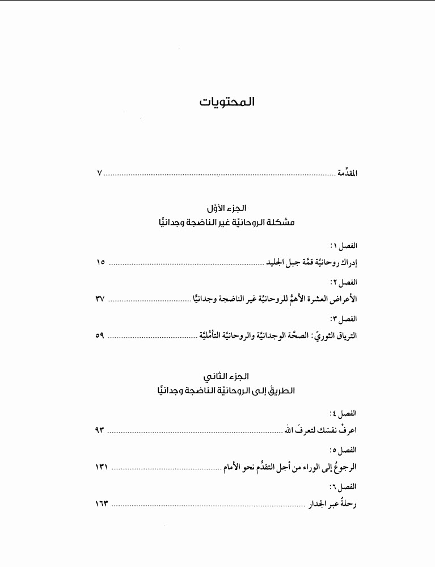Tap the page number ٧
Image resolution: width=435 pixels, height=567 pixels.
pyautogui.click(x=99, y=173)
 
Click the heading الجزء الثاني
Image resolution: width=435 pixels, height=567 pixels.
pyautogui.click(x=227, y=377)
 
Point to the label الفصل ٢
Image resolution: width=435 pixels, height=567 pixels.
pyautogui.click(x=344, y=282)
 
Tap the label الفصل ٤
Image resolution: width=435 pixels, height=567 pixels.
pyautogui.click(x=344, y=413)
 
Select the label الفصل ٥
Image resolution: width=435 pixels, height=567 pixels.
pyautogui.click(x=344, y=450)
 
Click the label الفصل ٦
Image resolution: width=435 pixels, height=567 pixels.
pyautogui.click(x=344, y=486)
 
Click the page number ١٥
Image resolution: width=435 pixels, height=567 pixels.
pyautogui.click(x=101, y=263)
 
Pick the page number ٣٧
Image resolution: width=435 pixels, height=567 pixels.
pyautogui.click(x=100, y=299)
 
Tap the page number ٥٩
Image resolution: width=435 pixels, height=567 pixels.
pyautogui.click(x=100, y=335)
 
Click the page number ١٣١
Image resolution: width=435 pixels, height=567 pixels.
pyautogui.click(x=102, y=467)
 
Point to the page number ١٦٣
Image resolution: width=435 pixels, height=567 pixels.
pyautogui.click(x=102, y=503)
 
